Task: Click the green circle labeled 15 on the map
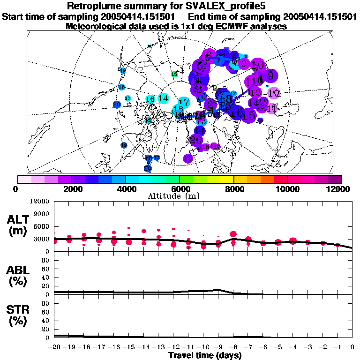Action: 174,74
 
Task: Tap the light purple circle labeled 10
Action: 274,93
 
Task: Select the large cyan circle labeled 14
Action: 163,98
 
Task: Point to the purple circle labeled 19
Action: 188,158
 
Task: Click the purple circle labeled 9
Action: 270,75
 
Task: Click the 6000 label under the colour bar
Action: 180,189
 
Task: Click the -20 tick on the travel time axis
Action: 55,347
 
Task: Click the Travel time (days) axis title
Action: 205,356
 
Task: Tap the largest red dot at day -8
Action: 233,234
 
